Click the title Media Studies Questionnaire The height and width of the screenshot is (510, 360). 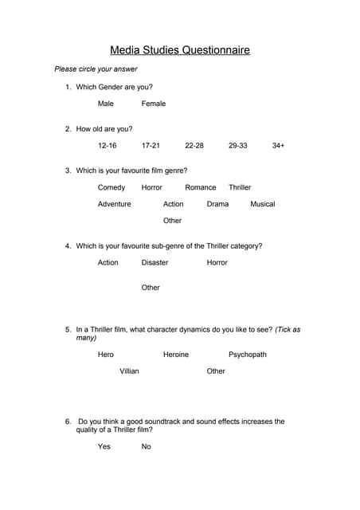[179, 50]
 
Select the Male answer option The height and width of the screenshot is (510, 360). [106, 104]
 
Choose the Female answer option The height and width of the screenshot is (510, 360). [154, 104]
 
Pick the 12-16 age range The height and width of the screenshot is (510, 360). [108, 146]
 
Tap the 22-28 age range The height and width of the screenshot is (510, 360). [194, 146]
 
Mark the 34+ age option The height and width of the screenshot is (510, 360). [278, 146]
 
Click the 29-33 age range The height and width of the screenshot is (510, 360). [237, 146]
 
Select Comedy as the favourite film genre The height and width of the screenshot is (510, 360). [112, 187]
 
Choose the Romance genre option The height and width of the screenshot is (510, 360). [201, 187]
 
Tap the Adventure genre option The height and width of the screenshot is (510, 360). [115, 204]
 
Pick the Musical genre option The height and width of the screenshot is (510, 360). [263, 204]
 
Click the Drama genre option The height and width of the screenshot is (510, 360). [217, 204]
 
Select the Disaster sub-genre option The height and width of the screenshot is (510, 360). [155, 262]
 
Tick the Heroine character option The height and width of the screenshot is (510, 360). [176, 355]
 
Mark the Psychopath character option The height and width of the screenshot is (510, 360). [248, 355]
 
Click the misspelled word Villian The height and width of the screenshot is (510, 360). [129, 371]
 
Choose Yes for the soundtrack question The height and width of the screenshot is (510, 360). [104, 446]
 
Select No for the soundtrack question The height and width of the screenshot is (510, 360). [147, 446]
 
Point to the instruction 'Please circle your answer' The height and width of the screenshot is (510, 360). [84, 69]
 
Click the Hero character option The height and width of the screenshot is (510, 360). [106, 355]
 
